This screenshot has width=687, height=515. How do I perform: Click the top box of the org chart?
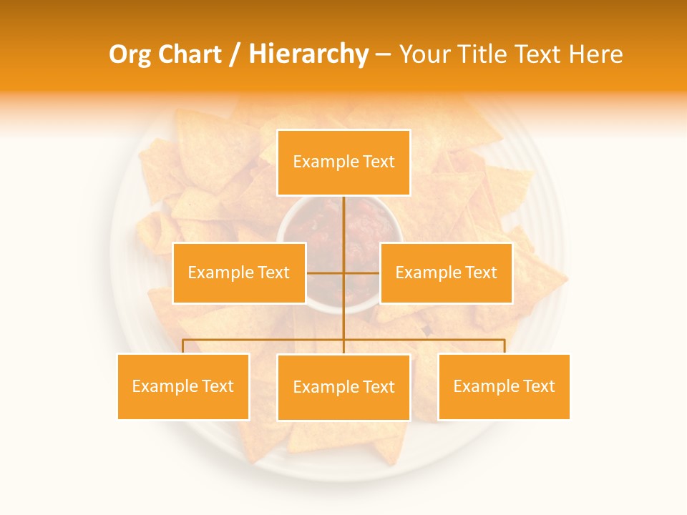[343, 162]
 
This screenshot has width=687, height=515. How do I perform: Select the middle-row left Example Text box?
[239, 273]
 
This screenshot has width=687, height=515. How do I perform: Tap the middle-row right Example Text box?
[446, 273]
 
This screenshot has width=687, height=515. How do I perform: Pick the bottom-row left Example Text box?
[183, 386]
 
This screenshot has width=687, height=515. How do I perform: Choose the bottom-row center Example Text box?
[343, 387]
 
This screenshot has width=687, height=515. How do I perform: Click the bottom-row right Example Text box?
[504, 386]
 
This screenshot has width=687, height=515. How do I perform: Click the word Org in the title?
[130, 54]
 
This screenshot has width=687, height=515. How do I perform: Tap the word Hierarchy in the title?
[308, 54]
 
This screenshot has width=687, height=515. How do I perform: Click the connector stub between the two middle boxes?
[343, 273]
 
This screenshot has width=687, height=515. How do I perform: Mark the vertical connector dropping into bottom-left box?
[183, 346]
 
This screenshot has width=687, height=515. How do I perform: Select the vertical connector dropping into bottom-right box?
[505, 346]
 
